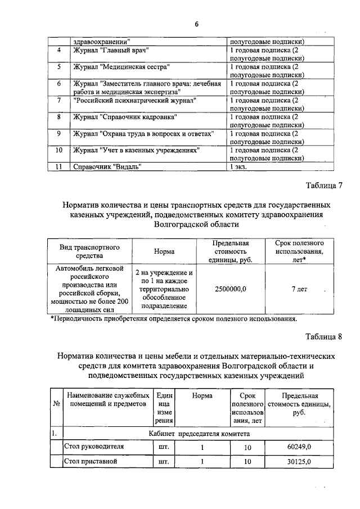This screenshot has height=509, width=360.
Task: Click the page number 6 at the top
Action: pos(197,24)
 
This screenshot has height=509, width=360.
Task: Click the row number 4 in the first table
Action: pos(59,51)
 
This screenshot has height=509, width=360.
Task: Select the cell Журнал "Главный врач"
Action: pos(111,51)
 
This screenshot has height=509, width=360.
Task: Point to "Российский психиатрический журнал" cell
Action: pos(134,100)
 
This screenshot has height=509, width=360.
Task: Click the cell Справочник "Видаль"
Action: pos(107,166)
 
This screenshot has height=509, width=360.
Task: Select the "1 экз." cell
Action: pos(238,166)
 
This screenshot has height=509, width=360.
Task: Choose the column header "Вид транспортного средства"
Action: pos(90,251)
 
